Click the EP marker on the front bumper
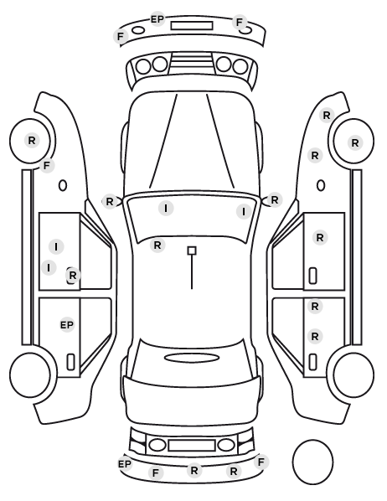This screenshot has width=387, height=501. (x=157, y=19)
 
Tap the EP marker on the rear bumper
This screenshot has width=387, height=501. (x=124, y=463)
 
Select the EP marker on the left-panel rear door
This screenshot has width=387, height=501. (x=67, y=325)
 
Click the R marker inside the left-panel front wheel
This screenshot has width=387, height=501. (x=32, y=140)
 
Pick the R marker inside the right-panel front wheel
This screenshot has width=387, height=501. (x=354, y=142)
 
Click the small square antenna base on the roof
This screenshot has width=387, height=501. (x=192, y=250)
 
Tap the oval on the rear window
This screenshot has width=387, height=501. (x=192, y=359)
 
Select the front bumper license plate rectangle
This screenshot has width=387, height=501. (x=192, y=26)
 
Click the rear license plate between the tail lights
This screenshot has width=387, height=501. (x=192, y=446)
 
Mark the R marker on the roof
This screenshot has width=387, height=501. (x=157, y=245)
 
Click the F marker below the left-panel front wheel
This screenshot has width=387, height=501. (x=47, y=166)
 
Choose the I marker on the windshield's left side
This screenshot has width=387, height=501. (x=166, y=209)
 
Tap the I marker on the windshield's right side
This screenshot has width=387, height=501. (x=244, y=211)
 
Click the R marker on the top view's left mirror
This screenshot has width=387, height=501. (x=110, y=202)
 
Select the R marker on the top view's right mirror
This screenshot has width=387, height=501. (x=275, y=200)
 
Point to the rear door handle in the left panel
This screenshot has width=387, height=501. (x=70, y=362)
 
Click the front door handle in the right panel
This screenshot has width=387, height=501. (x=312, y=276)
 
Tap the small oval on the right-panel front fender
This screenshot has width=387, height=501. (x=321, y=186)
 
